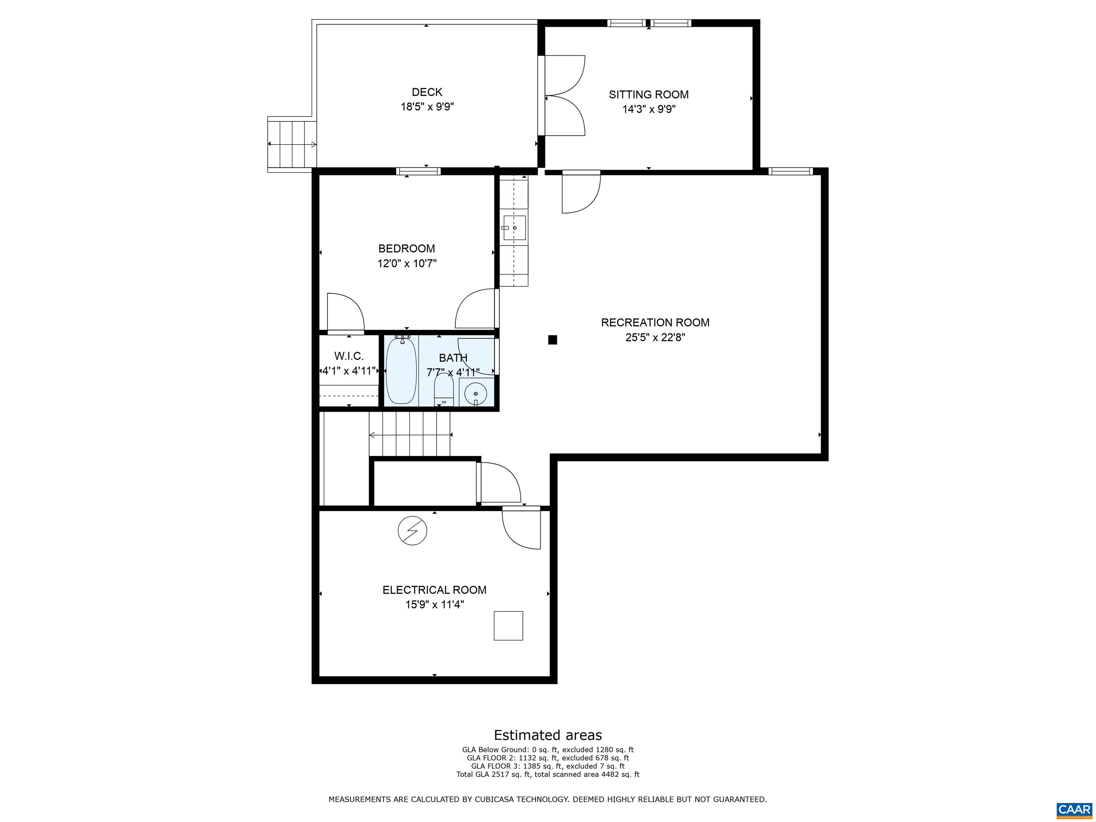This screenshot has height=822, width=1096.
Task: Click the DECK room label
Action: pos(427,92)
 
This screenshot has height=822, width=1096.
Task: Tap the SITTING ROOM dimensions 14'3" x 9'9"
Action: pos(649,109)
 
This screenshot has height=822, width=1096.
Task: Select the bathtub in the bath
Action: pos(401,371)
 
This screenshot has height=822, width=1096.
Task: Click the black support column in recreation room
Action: pos(552,340)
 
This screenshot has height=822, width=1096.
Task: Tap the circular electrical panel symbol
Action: pos(412,531)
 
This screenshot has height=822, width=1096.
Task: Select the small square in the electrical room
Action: pos(508,626)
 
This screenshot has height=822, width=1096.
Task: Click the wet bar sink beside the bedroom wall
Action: pos(514,228)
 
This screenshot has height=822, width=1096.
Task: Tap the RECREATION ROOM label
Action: pos(655,323)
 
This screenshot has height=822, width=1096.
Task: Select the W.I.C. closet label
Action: pos(349,356)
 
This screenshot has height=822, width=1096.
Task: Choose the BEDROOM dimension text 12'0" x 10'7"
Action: pos(407,263)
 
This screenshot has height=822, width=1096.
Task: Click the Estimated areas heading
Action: pos(548,735)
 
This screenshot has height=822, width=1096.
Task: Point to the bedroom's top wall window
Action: pos(418,172)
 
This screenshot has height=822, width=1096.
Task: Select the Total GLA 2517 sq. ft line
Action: pos(548,775)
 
